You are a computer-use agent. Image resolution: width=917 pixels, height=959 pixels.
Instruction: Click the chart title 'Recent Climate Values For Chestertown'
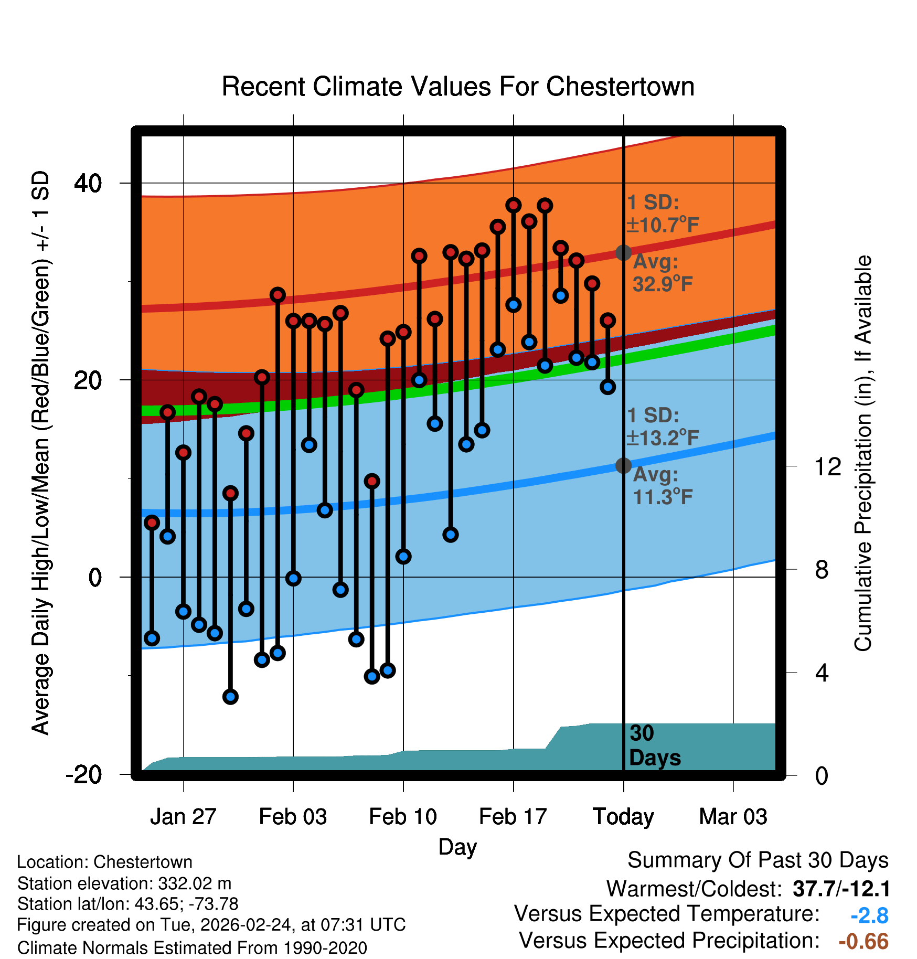click(458, 87)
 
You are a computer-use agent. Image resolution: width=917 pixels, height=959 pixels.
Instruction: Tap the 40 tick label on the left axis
click(88, 184)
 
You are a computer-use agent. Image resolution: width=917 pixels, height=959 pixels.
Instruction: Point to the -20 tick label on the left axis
click(84, 774)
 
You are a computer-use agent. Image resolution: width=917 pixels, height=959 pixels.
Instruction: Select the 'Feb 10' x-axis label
click(403, 817)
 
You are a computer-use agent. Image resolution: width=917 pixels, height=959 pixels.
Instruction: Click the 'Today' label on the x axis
click(623, 817)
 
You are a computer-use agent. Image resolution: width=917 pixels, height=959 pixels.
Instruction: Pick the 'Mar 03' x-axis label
click(733, 817)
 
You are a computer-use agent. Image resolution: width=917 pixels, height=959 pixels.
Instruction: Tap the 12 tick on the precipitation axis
click(827, 466)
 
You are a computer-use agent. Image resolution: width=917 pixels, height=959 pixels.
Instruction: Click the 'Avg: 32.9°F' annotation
click(662, 273)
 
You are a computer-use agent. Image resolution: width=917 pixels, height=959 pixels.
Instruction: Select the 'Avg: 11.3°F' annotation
click(662, 486)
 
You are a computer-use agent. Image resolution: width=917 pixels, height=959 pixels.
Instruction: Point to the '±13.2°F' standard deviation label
click(663, 438)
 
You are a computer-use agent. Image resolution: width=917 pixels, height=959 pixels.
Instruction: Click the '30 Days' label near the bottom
click(654, 745)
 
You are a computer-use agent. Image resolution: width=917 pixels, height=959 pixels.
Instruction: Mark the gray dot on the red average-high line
click(623, 253)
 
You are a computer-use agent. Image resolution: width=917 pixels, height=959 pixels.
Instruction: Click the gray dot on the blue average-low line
click(623, 465)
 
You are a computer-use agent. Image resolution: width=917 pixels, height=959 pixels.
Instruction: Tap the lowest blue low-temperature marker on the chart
click(230, 697)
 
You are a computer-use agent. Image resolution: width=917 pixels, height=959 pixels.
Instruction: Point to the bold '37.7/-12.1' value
click(841, 889)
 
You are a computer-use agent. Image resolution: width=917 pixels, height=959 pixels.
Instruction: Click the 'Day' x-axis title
click(457, 847)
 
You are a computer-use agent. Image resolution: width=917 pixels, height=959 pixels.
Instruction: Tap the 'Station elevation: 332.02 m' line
click(124, 883)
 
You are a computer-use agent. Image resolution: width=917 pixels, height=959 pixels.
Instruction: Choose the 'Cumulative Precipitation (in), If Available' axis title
click(863, 454)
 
